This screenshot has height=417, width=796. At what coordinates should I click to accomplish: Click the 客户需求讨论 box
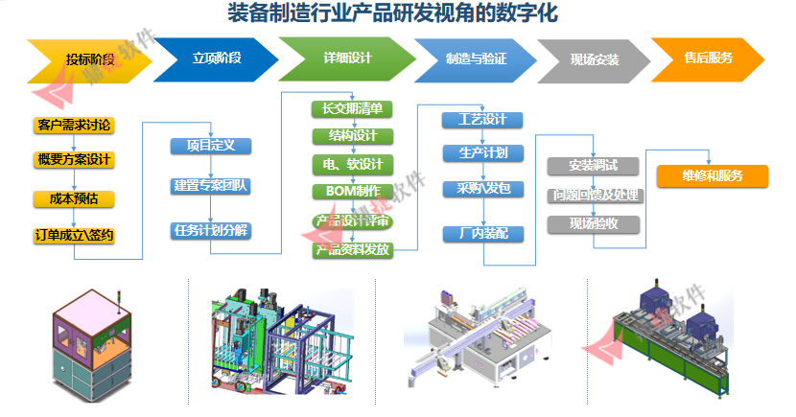tap(74, 125)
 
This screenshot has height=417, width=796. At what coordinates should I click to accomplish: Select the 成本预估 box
tap(74, 199)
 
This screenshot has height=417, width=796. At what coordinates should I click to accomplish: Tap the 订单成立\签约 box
tap(74, 235)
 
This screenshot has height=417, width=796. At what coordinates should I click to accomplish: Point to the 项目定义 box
tap(210, 146)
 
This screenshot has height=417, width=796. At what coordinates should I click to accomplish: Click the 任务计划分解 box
tap(210, 230)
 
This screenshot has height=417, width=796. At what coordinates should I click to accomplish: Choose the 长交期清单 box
tap(352, 108)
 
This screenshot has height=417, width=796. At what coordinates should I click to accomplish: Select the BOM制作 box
tap(352, 192)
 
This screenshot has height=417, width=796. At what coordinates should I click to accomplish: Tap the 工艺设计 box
tap(482, 120)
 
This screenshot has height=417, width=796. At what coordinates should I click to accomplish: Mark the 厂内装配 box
tap(482, 233)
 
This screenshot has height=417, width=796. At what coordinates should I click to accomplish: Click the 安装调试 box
tap(593, 166)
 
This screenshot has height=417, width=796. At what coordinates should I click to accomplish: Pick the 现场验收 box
tap(593, 224)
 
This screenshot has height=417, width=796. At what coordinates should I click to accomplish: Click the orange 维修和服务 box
tap(712, 176)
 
